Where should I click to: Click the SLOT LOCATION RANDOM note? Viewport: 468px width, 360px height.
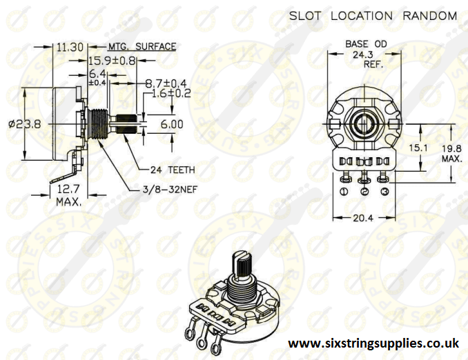click(x=372, y=15)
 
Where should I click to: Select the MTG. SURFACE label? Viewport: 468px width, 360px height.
click(x=142, y=47)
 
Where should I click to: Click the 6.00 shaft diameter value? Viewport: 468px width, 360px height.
click(x=172, y=124)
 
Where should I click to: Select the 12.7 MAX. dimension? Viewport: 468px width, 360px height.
click(x=68, y=196)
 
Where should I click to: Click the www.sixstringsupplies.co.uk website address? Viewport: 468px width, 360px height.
click(x=373, y=343)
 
